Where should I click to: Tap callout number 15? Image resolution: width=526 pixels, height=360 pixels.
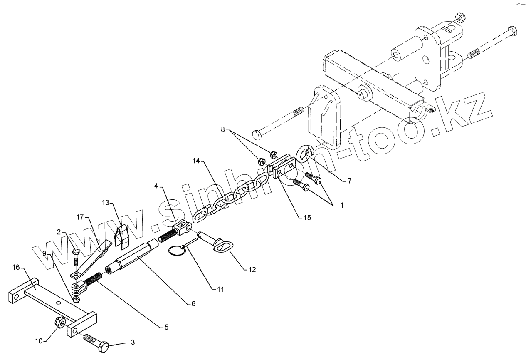pyautogui.click(x=307, y=217)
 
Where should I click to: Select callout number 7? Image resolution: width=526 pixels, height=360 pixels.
pyautogui.click(x=349, y=181)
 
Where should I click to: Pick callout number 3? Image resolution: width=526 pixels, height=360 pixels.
pyautogui.click(x=133, y=343)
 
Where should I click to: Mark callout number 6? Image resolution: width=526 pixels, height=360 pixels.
pyautogui.click(x=193, y=304)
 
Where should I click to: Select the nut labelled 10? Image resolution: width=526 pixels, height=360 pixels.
pyautogui.click(x=59, y=322)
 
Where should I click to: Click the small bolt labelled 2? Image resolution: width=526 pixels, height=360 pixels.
pyautogui.click(x=75, y=258)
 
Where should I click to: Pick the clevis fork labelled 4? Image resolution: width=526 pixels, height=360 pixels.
pyautogui.click(x=181, y=227)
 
